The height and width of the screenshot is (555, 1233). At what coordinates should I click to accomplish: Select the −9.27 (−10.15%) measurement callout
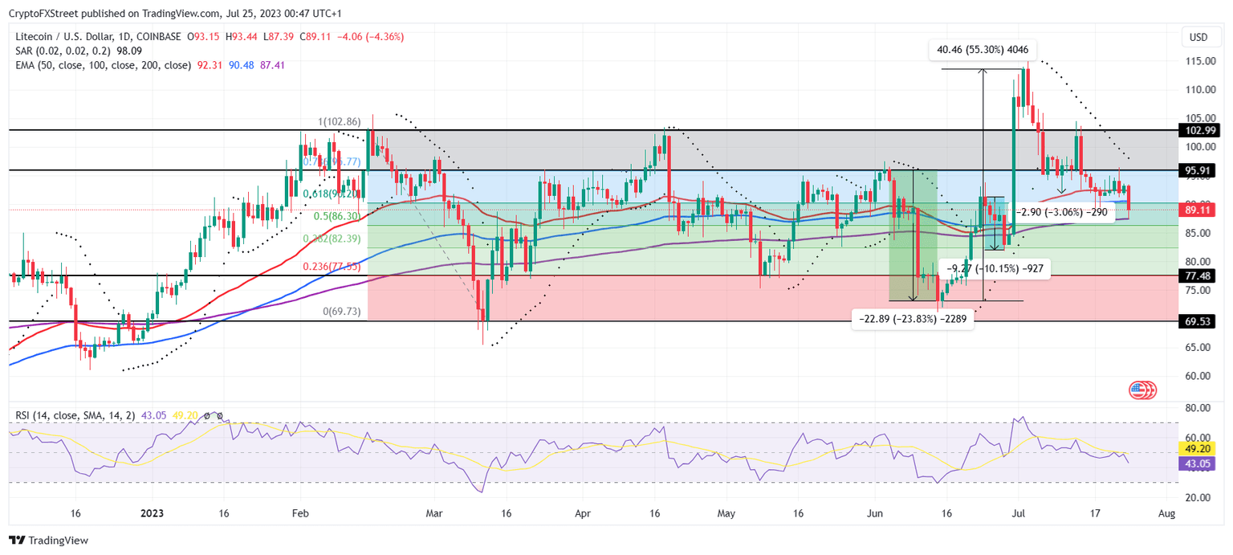click(x=995, y=269)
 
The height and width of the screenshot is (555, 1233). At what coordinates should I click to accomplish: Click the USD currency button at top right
click(x=1198, y=37)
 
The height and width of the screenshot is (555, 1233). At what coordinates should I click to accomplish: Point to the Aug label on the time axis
click(x=1167, y=513)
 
